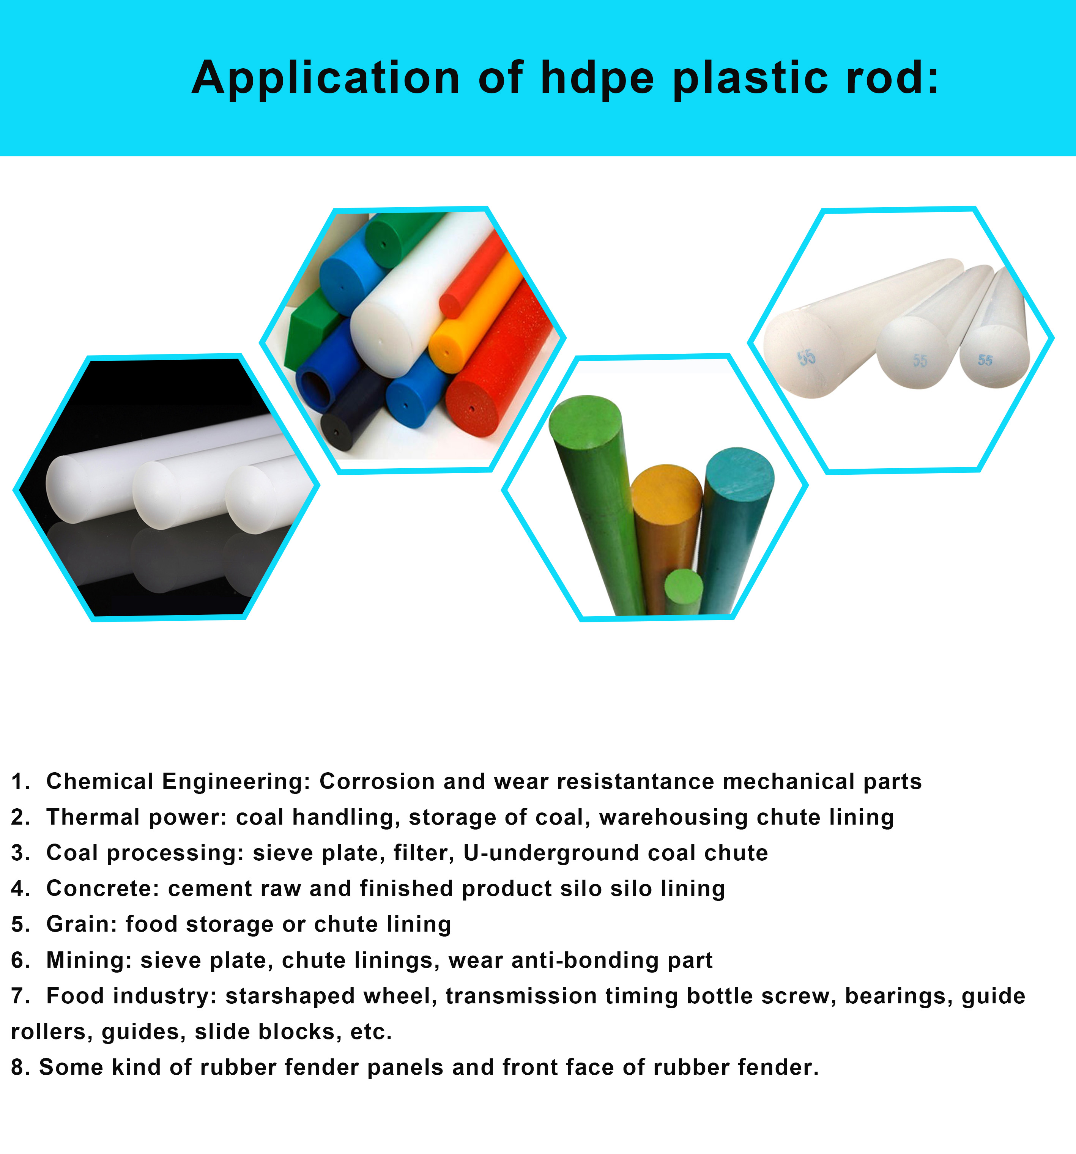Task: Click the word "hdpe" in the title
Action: [x=597, y=79]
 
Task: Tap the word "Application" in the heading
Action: [x=326, y=79]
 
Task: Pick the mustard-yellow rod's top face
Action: [x=666, y=490]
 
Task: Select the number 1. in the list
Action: [x=20, y=781]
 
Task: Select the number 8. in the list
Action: [x=20, y=1067]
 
